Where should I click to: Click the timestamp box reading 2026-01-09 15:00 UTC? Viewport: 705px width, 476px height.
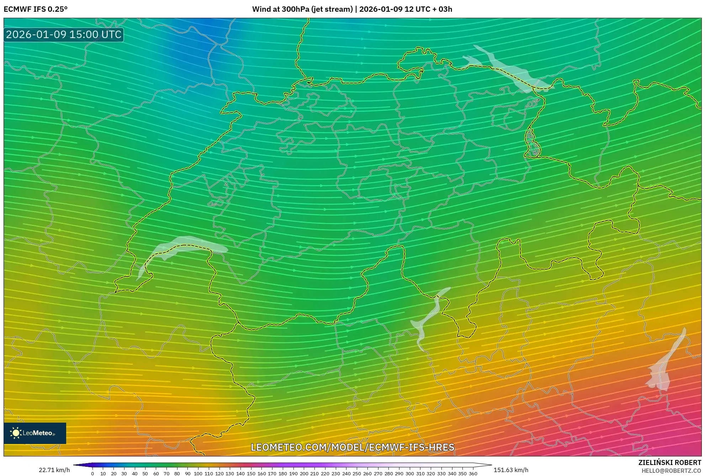pos(64,35)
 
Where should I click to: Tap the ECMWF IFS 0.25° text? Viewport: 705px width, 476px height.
pos(36,9)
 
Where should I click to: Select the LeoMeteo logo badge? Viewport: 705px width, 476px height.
pos(35,433)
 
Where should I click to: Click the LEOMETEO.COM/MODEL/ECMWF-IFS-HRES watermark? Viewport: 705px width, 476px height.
pos(352,447)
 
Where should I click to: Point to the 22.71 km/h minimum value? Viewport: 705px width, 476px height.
pos(54,470)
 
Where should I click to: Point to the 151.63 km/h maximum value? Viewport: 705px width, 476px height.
pos(511,470)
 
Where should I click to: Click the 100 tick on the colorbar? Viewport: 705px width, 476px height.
pos(198,474)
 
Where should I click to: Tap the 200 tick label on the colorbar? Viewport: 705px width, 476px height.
pos(304,474)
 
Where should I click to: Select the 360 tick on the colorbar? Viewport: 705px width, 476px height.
pos(473,474)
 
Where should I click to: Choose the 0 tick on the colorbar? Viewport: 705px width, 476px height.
pos(92,474)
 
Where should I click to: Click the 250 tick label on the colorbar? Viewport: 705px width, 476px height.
pos(357,474)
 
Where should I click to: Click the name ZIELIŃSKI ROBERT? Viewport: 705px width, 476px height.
pos(669,462)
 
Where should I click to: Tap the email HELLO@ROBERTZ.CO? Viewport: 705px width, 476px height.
pos(671,471)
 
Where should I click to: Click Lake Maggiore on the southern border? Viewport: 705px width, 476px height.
pos(429,318)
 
